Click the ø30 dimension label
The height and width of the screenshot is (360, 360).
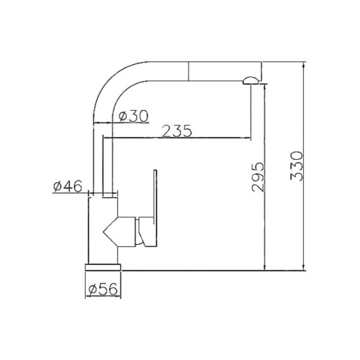(x=134, y=117)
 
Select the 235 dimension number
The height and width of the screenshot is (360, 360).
(x=177, y=131)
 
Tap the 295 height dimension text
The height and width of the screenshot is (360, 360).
(x=258, y=177)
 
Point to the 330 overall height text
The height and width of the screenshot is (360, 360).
(x=297, y=166)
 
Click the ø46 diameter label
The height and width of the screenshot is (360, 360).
(x=68, y=186)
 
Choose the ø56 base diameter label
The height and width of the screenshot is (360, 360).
(x=103, y=289)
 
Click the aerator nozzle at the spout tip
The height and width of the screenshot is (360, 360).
(x=251, y=81)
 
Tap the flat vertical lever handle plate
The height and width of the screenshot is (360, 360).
(x=155, y=208)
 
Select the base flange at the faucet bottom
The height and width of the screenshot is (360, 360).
(x=103, y=267)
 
